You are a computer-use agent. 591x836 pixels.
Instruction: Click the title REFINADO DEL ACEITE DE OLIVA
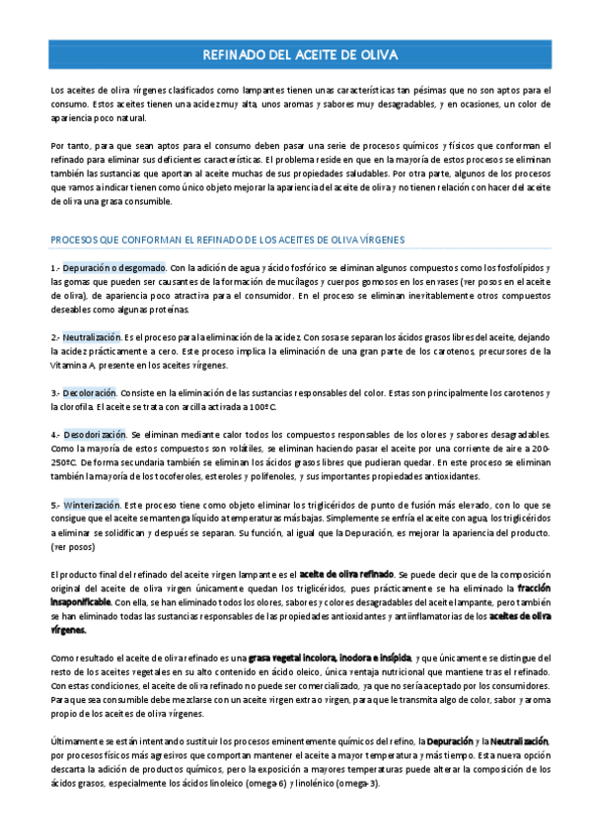click(x=295, y=55)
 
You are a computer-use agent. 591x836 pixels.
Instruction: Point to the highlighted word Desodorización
click(x=96, y=435)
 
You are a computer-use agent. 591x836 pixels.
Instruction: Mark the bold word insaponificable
click(x=88, y=600)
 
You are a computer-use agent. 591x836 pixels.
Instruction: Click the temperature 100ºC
click(x=260, y=406)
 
